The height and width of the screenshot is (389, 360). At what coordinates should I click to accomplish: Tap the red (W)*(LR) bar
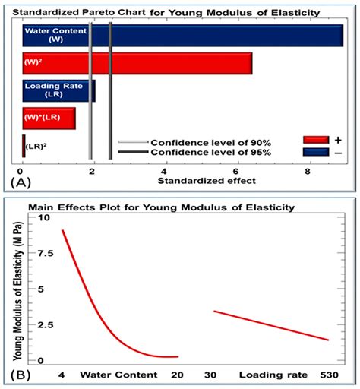(49, 119)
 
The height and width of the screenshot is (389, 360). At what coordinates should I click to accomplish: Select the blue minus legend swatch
(315, 152)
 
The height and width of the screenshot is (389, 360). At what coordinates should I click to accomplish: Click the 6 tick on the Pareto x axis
(238, 171)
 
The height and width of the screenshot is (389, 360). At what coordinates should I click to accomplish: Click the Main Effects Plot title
(161, 207)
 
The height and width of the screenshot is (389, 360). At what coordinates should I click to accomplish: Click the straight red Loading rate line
(271, 325)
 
